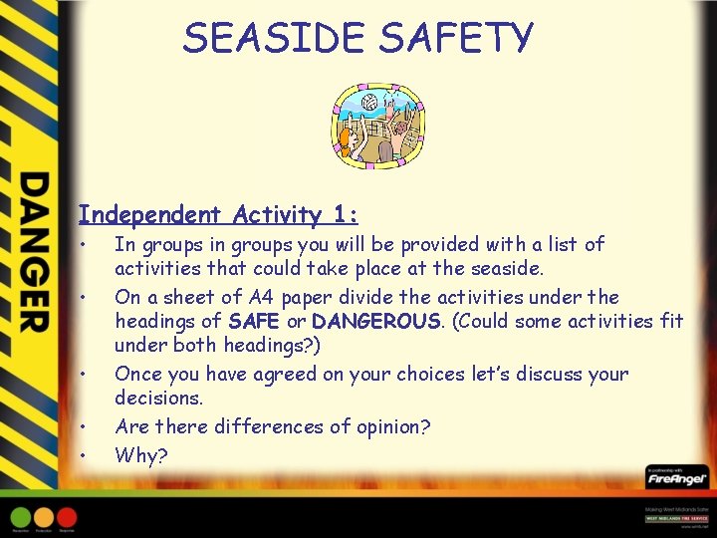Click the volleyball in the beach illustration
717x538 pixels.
[x=369, y=102]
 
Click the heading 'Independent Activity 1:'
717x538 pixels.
[x=218, y=214]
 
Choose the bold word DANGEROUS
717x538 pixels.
[x=375, y=322]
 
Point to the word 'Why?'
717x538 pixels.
[x=141, y=455]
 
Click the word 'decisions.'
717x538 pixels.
[x=158, y=399]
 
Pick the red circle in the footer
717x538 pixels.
[x=67, y=516]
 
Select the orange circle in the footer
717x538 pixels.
[x=44, y=516]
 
